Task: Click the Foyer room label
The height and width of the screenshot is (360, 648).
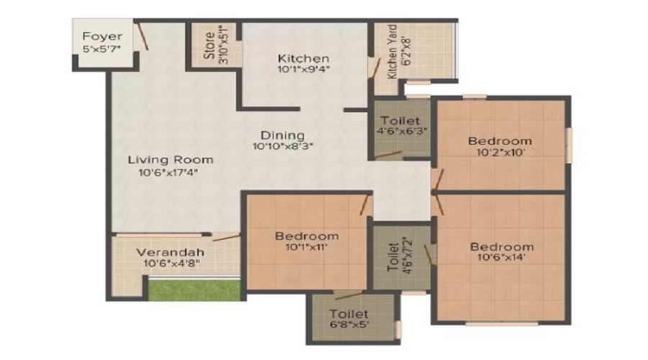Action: pyautogui.click(x=102, y=37)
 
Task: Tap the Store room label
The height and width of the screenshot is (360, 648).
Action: pyautogui.click(x=209, y=45)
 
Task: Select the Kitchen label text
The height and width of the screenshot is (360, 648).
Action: pyautogui.click(x=303, y=58)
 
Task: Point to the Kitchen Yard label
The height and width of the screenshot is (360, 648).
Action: pyautogui.click(x=392, y=52)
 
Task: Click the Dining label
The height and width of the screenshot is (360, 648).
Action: pyautogui.click(x=283, y=135)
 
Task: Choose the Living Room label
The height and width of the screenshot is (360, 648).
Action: pyautogui.click(x=170, y=160)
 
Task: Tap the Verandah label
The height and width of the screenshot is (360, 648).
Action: pyautogui.click(x=170, y=252)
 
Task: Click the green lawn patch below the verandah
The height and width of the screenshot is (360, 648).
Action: pyautogui.click(x=194, y=289)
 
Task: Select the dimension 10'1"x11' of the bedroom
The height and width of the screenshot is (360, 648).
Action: pyautogui.click(x=306, y=247)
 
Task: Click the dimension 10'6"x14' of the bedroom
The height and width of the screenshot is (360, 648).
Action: pyautogui.click(x=501, y=258)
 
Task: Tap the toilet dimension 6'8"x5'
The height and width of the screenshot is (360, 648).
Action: pyautogui.click(x=349, y=325)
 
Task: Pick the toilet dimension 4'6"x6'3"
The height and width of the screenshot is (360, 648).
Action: pyautogui.click(x=402, y=131)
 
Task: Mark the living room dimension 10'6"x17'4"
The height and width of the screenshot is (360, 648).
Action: pyautogui.click(x=168, y=172)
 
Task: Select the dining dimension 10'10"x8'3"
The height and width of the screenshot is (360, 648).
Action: pyautogui.click(x=283, y=146)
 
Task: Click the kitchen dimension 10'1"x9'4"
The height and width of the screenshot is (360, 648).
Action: pyautogui.click(x=304, y=69)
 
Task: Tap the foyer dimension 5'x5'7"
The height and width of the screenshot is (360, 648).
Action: pyautogui.click(x=102, y=48)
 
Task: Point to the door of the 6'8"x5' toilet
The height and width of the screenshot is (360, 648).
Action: pyautogui.click(x=348, y=294)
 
